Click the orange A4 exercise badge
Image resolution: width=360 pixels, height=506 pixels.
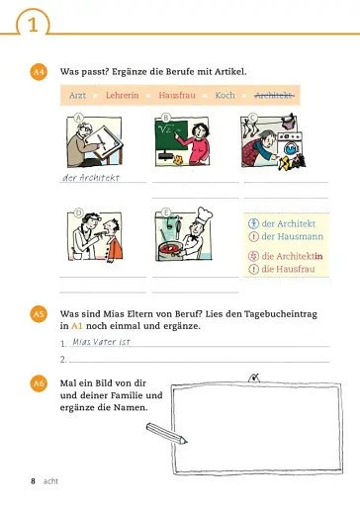[x=40, y=73]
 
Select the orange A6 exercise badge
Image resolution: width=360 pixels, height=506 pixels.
[x=40, y=381]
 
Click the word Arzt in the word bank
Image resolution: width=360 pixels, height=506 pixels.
[x=77, y=96]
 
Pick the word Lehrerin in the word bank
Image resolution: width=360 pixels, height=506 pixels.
[x=122, y=96]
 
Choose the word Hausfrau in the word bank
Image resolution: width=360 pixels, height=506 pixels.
[x=176, y=96]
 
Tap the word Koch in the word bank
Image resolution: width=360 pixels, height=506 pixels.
[x=225, y=96]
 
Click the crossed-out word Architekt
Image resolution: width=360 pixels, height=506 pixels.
[x=274, y=96]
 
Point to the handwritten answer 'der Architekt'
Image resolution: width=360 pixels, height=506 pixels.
[x=90, y=178]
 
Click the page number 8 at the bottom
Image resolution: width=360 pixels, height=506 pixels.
[x=33, y=481]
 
